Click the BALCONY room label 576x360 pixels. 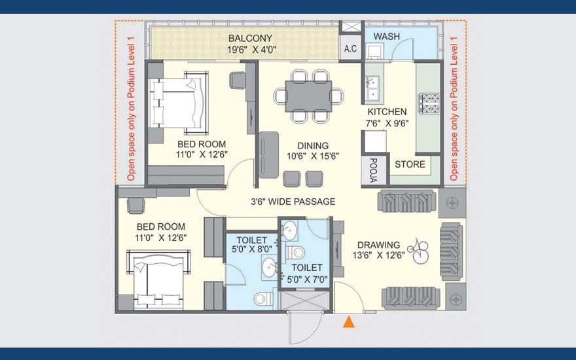click(250, 38)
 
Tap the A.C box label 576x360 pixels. click(350, 48)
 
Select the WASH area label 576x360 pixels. click(386, 37)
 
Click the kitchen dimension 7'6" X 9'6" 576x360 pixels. click(387, 124)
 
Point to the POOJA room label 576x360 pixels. click(373, 170)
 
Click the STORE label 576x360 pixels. click(410, 164)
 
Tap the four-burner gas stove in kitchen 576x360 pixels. click(429, 103)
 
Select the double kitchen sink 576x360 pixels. click(372, 88)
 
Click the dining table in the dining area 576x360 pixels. click(308, 96)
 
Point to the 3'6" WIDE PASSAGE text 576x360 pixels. click(293, 202)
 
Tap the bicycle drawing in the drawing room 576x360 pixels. click(419, 251)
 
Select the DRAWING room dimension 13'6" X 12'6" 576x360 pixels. click(379, 255)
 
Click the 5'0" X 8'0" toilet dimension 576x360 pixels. click(252, 249)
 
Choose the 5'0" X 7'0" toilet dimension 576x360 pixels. click(307, 279)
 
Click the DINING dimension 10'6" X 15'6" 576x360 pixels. click(313, 156)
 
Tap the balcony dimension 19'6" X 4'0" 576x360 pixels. click(251, 50)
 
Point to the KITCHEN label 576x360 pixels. click(387, 112)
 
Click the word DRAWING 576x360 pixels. click(379, 245)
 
